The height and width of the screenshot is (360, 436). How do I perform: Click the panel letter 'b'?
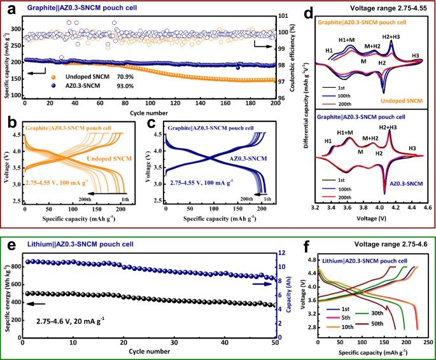click(x=10, y=121)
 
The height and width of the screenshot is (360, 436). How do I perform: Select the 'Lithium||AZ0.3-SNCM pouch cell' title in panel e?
click(x=88, y=244)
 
